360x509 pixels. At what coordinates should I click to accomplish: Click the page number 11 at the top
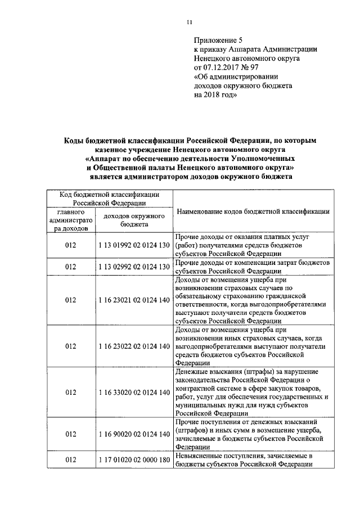coord(190,22)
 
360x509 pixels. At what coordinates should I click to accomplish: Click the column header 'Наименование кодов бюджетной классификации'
coord(253,211)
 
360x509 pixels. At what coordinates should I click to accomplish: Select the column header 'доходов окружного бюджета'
coord(133,220)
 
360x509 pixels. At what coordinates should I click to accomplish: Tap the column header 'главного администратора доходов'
coord(70,220)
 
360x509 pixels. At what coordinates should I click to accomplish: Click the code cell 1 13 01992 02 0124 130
coord(133,246)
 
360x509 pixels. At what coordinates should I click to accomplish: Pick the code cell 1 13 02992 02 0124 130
coord(133,266)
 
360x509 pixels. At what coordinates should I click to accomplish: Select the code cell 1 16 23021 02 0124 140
coord(133,300)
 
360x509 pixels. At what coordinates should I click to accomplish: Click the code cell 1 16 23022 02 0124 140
coord(133,346)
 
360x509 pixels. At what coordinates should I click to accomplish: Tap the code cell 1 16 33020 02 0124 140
coord(133,391)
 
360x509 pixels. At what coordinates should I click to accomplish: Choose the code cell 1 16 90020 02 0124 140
coord(133,434)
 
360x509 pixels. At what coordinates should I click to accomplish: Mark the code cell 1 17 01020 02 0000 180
coord(133,460)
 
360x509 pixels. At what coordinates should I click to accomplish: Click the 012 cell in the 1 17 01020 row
coord(70,460)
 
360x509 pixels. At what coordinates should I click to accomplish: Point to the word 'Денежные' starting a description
coord(193,371)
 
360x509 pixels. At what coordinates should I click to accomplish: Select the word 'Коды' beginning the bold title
coord(73,140)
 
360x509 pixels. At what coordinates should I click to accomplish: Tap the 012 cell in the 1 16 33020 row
coord(70,391)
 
